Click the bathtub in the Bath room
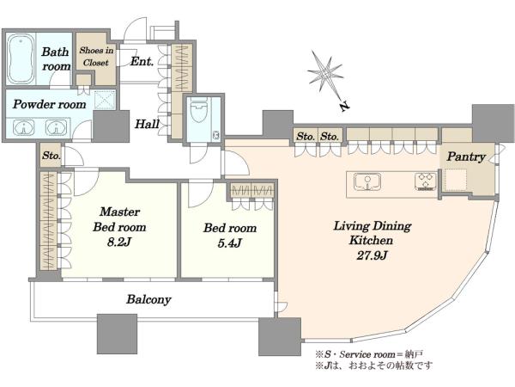pyautogui.click(x=20, y=58)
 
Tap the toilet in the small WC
pyautogui.click(x=199, y=109)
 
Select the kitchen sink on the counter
pyautogui.click(x=367, y=181)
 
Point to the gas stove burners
pyautogui.click(x=425, y=181)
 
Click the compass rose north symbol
pyautogui.click(x=324, y=75)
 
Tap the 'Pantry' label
pyautogui.click(x=466, y=157)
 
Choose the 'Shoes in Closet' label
pyautogui.click(x=96, y=56)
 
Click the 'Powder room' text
pyautogui.click(x=49, y=104)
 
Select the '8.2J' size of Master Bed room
pyautogui.click(x=119, y=243)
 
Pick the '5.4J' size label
pyautogui.click(x=229, y=243)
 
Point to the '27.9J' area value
pyautogui.click(x=372, y=255)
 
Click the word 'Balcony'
pyautogui.click(x=148, y=299)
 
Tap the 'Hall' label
pyautogui.click(x=147, y=124)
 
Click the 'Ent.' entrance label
pyautogui.click(x=142, y=61)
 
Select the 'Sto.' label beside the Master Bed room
pyautogui.click(x=51, y=155)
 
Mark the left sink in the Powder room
pyautogui.click(x=24, y=127)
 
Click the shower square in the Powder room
pyautogui.click(x=105, y=100)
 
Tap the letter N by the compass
pyautogui.click(x=344, y=106)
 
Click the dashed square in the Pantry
pyautogui.click(x=456, y=180)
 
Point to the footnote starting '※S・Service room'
pyautogui.click(x=369, y=354)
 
